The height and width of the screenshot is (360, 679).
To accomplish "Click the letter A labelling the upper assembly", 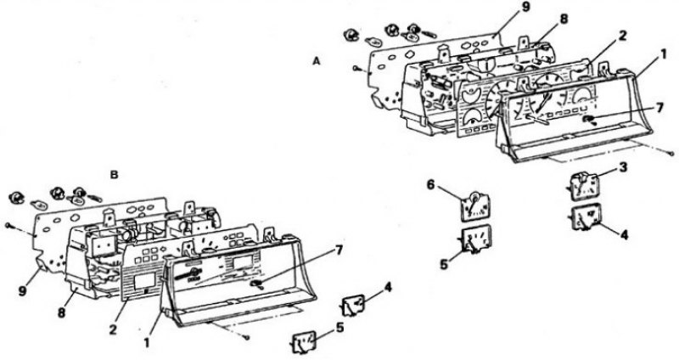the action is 317,61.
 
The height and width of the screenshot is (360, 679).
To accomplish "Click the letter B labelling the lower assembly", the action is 115,175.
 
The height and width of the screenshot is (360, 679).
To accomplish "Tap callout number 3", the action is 623,167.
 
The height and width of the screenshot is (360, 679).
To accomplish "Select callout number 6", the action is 430,184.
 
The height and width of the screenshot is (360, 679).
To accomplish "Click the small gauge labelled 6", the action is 475,206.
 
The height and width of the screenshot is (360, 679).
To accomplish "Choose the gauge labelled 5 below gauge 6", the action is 475,239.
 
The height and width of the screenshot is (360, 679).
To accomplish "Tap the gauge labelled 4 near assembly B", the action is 354,306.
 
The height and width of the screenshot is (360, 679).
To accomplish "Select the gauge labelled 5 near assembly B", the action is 305,343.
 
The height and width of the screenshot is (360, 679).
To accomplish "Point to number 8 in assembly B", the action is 62,312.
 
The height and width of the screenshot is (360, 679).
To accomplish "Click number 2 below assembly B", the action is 113,329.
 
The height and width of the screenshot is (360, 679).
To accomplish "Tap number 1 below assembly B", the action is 147,343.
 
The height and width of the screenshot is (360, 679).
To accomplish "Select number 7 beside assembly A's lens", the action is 659,108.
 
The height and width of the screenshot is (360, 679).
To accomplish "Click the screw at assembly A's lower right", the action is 671,153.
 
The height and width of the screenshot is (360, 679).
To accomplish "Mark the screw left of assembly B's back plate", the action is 8,225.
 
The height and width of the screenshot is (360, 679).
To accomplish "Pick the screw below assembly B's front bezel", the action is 246,336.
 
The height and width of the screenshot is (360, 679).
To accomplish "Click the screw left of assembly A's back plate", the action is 356,68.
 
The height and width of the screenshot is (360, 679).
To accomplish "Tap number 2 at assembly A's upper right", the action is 622,36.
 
